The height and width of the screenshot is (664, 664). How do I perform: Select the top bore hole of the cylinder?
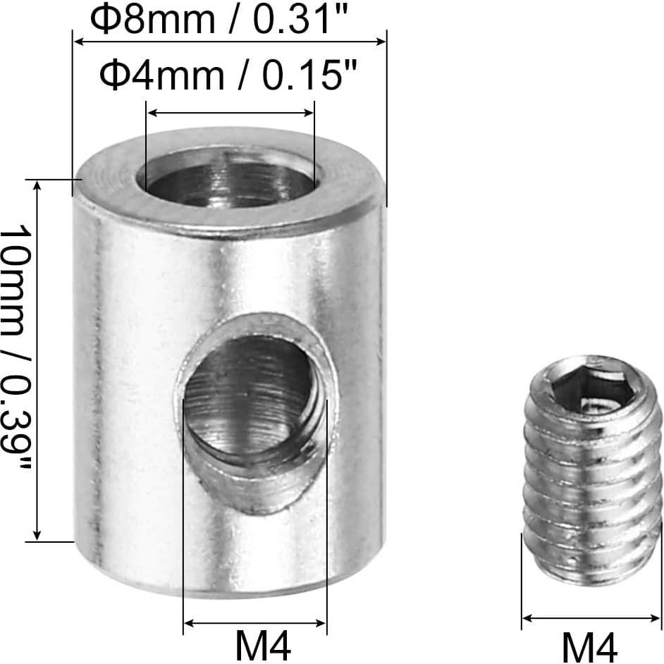(x=230, y=180)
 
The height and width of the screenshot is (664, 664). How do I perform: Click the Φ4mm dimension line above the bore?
(x=230, y=112)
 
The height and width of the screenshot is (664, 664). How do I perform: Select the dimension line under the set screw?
(x=591, y=618)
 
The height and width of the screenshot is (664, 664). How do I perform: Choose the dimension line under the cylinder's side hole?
(x=255, y=623)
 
